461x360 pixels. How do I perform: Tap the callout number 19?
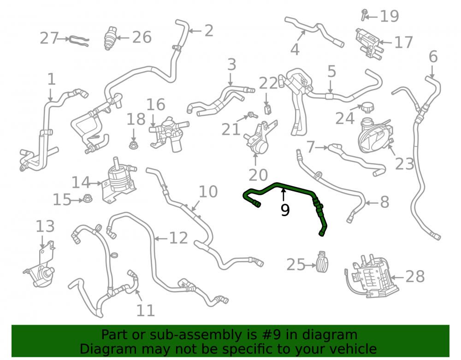390,16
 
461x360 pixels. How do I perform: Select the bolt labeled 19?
364,15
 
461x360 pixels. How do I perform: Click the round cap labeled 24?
367,107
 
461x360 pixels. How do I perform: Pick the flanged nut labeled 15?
87,198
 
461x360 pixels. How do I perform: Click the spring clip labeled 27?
79,41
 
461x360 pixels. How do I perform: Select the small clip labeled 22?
267,109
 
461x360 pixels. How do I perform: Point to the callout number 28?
415,277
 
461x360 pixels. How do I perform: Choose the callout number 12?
178,238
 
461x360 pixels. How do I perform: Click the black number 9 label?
285,210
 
